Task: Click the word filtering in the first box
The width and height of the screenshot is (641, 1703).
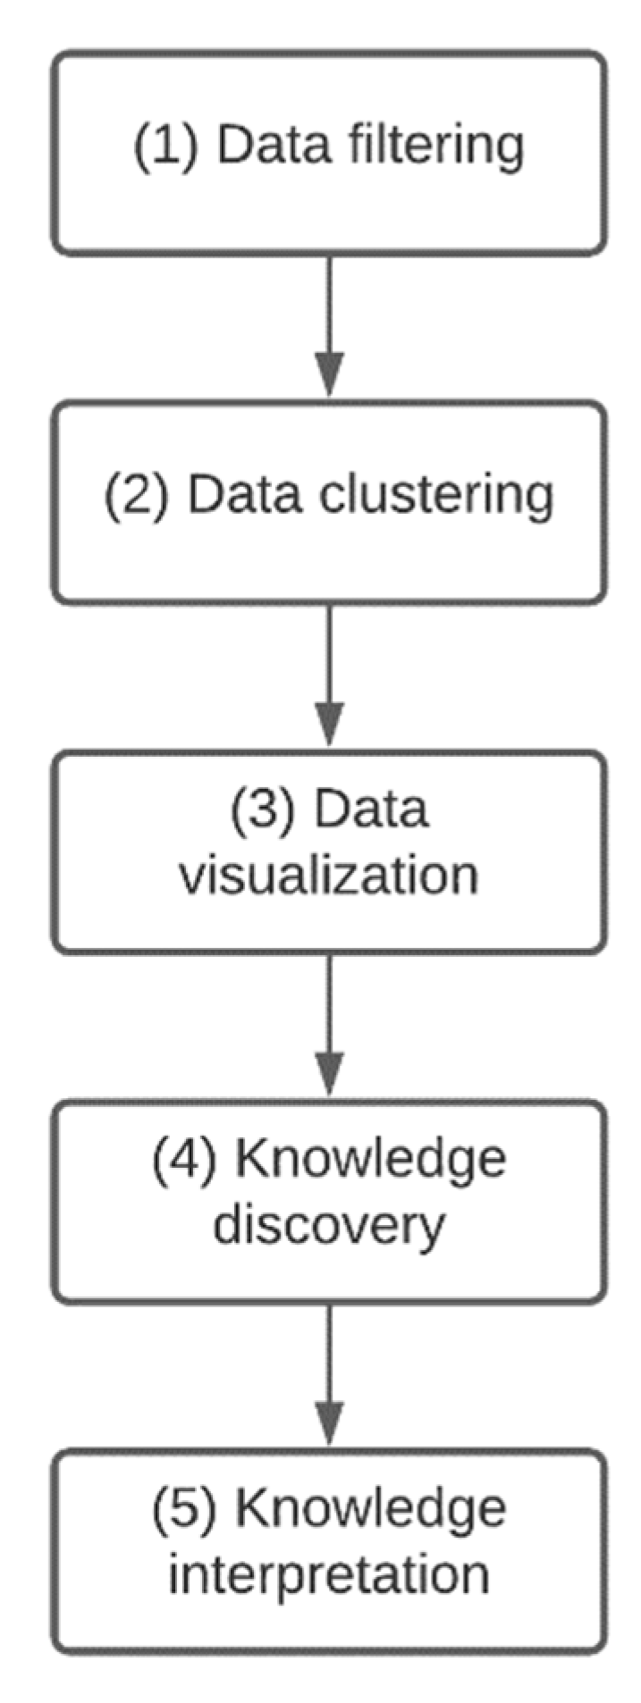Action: tap(436, 146)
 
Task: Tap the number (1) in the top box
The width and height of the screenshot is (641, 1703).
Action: tap(165, 146)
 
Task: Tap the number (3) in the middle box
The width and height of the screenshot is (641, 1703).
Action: tap(262, 810)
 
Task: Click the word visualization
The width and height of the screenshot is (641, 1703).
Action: tap(328, 876)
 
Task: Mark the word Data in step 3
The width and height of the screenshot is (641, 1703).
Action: tap(370, 809)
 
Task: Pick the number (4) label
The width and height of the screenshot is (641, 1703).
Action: tap(183, 1159)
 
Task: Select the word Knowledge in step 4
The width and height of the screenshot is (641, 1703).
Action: tap(370, 1159)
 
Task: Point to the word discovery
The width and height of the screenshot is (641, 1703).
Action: tap(328, 1225)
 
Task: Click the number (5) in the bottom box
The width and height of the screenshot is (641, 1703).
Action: tap(183, 1508)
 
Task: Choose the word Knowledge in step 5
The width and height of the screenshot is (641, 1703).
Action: tap(370, 1508)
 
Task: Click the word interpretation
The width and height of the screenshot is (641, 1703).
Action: tap(328, 1575)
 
